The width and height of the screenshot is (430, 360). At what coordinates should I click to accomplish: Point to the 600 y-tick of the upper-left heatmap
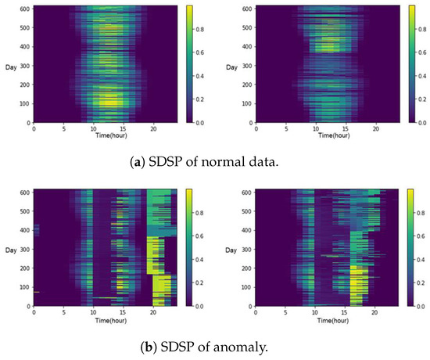pos(25,8)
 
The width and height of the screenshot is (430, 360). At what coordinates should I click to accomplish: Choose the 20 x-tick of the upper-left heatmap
pos(154,128)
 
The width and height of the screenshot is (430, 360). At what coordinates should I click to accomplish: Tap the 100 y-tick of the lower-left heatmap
pos(25,287)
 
